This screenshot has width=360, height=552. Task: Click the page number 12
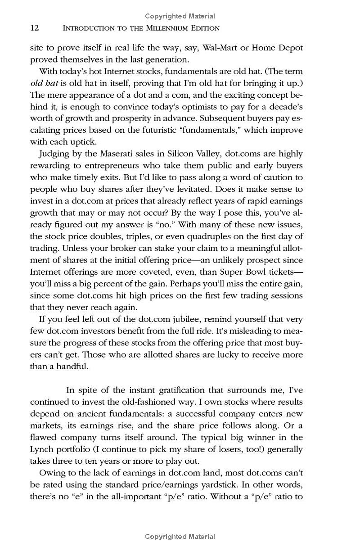[x=35, y=28]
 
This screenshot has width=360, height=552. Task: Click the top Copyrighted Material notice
[x=180, y=17]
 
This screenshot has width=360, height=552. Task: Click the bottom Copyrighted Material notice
[x=180, y=536]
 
